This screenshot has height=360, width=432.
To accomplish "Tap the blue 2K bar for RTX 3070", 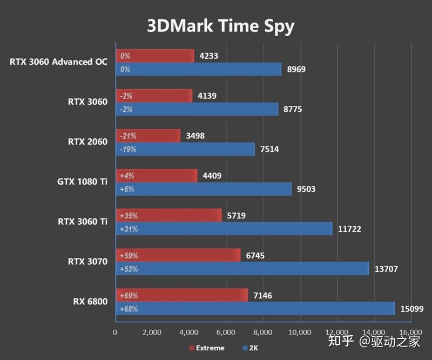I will [243, 269].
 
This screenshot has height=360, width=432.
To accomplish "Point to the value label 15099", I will [411, 309].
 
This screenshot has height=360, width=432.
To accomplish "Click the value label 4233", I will [208, 56].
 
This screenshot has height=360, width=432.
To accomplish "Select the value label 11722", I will [349, 229].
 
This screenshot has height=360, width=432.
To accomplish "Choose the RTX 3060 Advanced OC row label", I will [58, 62].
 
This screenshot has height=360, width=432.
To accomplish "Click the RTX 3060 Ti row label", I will [83, 222].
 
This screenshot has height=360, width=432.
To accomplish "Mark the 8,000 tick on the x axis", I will [263, 332].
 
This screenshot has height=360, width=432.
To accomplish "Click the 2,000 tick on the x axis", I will [152, 332].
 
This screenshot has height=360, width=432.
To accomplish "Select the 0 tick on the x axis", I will [115, 332].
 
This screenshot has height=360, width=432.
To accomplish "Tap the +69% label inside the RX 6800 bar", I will [129, 296].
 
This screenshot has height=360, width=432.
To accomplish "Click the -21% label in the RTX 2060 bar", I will [128, 136].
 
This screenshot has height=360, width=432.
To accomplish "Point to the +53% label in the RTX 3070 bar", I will [129, 269].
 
